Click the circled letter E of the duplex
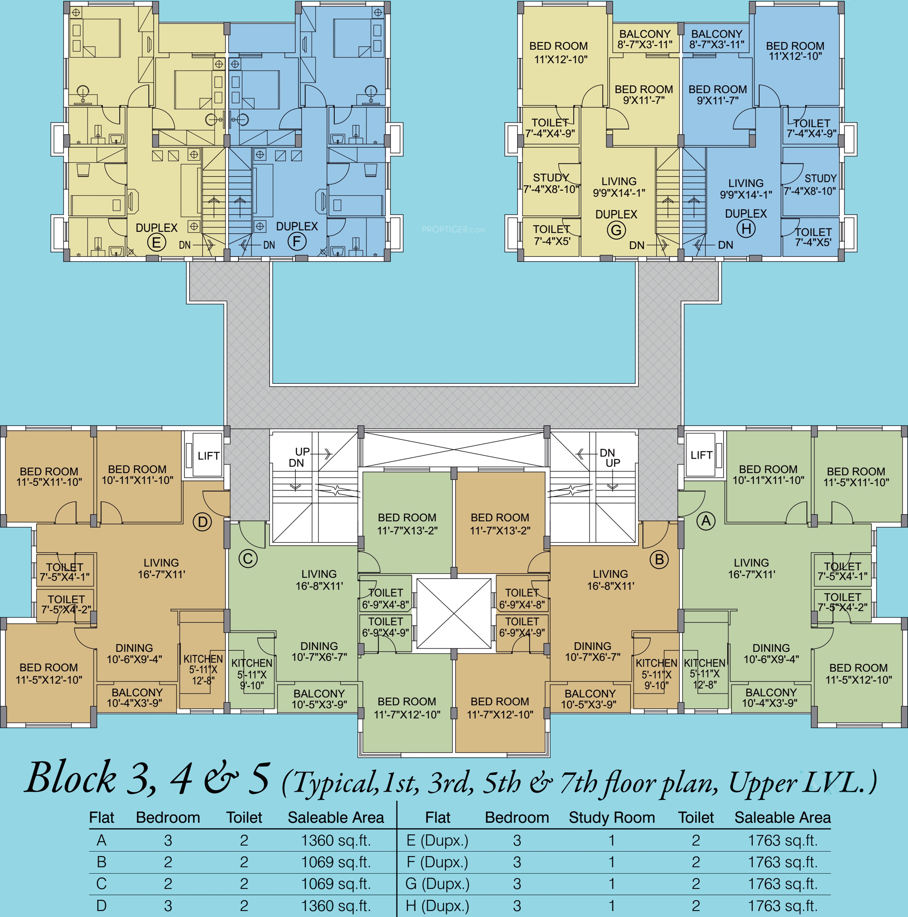(156, 243)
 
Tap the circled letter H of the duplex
(746, 229)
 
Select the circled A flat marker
(706, 521)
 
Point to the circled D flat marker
(202, 522)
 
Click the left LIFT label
(208, 456)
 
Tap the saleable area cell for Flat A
(336, 841)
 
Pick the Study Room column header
(612, 817)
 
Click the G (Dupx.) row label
(437, 884)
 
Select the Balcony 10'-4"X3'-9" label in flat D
(137, 698)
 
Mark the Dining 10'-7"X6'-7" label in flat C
(319, 651)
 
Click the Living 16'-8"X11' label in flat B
(610, 580)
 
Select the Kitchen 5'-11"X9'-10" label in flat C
(252, 674)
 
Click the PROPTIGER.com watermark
(454, 230)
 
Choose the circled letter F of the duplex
(297, 241)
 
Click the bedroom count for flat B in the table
(168, 862)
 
